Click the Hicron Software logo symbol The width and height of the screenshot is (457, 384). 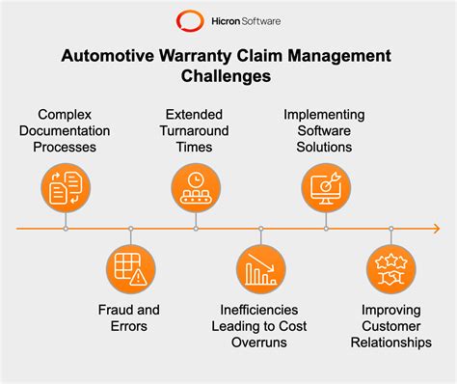[x=187, y=19]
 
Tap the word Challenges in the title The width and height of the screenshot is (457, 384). [x=228, y=75]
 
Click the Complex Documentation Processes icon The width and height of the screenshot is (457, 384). [x=65, y=186]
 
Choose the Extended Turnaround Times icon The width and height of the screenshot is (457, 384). [x=195, y=186]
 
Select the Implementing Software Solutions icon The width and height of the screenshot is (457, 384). [x=325, y=186]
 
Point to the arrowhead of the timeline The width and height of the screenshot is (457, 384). [x=435, y=229]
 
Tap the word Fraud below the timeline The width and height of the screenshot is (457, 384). [x=117, y=310]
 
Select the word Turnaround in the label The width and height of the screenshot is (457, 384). [x=195, y=130]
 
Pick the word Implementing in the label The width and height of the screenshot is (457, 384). [x=325, y=114]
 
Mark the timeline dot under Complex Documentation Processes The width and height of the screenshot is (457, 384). [x=65, y=229]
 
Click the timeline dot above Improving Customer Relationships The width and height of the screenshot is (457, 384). [x=390, y=229]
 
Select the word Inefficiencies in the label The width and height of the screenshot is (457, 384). [x=260, y=310]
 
